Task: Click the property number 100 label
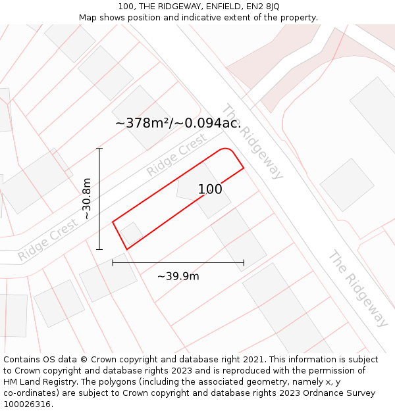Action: pyautogui.click(x=210, y=189)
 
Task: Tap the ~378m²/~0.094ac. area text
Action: pyautogui.click(x=178, y=123)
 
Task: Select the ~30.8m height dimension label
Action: pyautogui.click(x=86, y=199)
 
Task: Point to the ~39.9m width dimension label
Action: pyautogui.click(x=178, y=276)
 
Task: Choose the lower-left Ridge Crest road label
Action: pyautogui.click(x=48, y=240)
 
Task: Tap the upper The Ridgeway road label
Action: pyautogui.click(x=252, y=141)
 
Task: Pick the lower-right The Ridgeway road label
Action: pyautogui.click(x=359, y=287)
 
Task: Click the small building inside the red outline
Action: pyautogui.click(x=132, y=234)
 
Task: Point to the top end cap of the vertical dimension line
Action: pyautogui.click(x=99, y=149)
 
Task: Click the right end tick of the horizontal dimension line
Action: pyautogui.click(x=244, y=262)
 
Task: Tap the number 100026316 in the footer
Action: pyautogui.click(x=27, y=404)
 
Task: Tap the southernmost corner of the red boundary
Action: pyautogui.click(x=126, y=249)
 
